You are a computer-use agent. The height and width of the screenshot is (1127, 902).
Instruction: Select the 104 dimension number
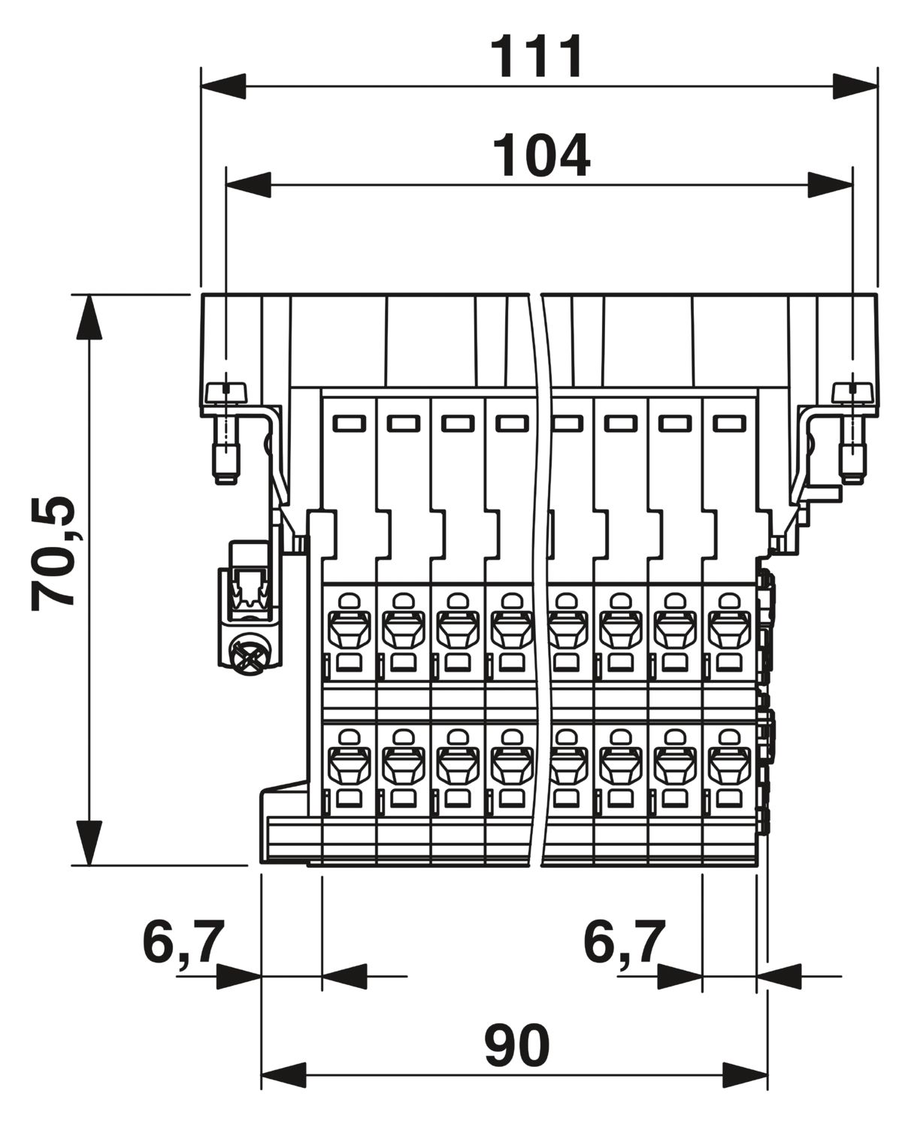pyautogui.click(x=541, y=155)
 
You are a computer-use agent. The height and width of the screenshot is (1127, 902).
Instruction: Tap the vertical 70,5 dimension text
pyautogui.click(x=53, y=554)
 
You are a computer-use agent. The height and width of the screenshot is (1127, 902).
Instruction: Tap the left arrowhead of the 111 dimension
pyautogui.click(x=223, y=86)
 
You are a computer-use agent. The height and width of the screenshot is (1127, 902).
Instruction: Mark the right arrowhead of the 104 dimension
pyautogui.click(x=830, y=184)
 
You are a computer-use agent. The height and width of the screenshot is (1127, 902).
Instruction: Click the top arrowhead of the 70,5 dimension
pyautogui.click(x=89, y=317)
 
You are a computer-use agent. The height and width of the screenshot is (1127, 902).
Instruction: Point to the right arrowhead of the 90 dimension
pyautogui.click(x=746, y=1075)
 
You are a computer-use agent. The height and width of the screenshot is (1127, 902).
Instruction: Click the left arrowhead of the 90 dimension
pyautogui.click(x=283, y=1075)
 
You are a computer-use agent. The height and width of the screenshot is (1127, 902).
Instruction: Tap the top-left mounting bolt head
pyautogui.click(x=226, y=393)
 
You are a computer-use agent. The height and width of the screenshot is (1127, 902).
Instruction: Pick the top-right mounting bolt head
pyautogui.click(x=852, y=393)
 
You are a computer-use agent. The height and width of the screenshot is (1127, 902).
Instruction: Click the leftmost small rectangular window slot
pyautogui.click(x=349, y=423)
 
